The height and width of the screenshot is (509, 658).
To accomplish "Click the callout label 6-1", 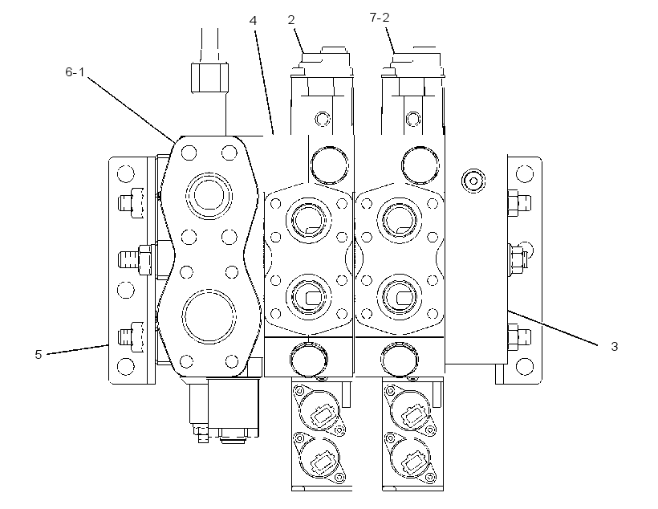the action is (75, 72).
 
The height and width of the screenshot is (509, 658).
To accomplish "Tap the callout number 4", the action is (253, 20).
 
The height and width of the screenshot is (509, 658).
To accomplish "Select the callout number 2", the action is (291, 20).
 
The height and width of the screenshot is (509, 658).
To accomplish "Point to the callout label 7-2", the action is (380, 17).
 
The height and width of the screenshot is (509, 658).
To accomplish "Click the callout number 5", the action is (39, 354).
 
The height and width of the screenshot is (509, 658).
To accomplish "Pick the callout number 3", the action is (615, 347).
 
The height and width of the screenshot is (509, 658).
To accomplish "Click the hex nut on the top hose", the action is (209, 77).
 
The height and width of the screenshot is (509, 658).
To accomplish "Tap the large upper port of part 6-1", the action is (209, 196).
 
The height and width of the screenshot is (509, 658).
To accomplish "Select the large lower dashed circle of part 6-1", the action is (209, 316).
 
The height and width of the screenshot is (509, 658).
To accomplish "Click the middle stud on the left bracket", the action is (135, 260).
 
